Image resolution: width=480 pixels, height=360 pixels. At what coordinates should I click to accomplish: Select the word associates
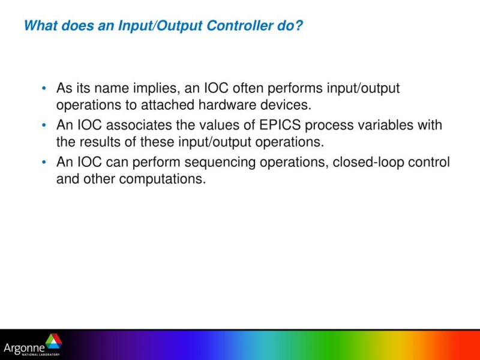[137, 125]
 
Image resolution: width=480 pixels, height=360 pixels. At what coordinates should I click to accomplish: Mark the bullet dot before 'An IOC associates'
[44, 126]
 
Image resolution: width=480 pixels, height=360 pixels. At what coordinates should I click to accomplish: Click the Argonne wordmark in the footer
[24, 347]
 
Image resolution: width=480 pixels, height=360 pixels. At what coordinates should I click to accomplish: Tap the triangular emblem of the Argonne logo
[53, 342]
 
